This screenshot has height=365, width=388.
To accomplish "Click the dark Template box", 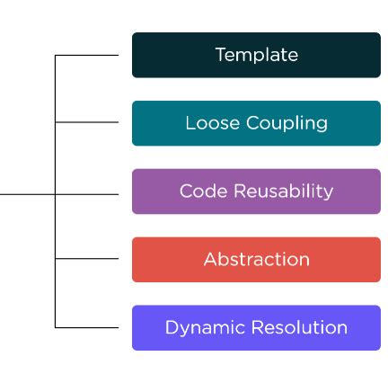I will click(x=256, y=55).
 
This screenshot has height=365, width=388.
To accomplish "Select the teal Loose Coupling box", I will click(x=256, y=123).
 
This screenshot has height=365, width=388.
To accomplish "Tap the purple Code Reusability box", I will click(x=256, y=191).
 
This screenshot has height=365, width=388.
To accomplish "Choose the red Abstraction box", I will click(x=256, y=260).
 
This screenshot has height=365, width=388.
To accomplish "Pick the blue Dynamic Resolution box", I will click(x=256, y=328).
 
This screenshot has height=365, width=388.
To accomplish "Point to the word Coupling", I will click(x=284, y=123).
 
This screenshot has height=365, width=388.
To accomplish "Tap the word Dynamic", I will click(x=200, y=328).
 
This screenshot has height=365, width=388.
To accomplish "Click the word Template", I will click(x=256, y=55).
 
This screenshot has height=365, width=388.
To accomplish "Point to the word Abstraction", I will click(x=256, y=260).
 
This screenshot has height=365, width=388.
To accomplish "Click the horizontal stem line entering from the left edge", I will click(x=27, y=193).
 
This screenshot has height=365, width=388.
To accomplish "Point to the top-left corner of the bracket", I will click(x=56, y=56).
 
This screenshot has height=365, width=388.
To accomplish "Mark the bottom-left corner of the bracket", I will click(x=56, y=327).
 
